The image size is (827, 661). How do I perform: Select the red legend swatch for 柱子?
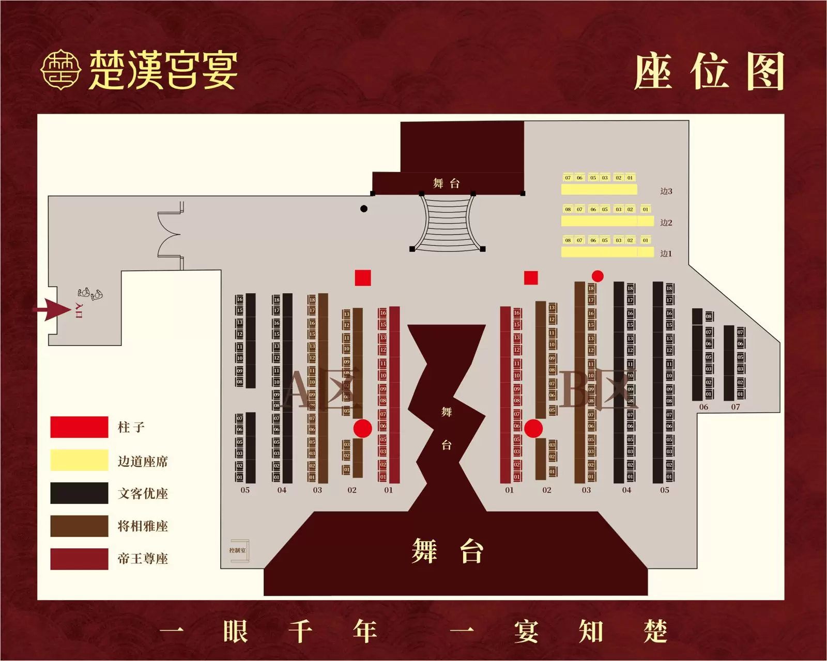[x=79, y=427]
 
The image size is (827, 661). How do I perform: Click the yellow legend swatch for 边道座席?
[x=79, y=460]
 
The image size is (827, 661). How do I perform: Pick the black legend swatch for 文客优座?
[x=79, y=493]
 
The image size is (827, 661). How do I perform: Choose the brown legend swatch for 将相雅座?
[x=79, y=526]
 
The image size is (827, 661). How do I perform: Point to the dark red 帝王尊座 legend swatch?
[x=79, y=559]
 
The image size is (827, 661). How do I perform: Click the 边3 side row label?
[x=666, y=191]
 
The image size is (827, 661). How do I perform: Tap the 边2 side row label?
[x=666, y=223]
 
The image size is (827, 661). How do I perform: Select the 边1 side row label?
[x=666, y=254]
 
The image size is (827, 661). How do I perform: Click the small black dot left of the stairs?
[x=364, y=209]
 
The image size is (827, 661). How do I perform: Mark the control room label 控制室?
[x=237, y=550]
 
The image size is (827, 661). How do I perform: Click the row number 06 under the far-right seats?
[x=703, y=407]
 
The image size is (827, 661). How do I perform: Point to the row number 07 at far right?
[x=736, y=407]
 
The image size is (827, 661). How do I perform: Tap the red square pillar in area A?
[x=363, y=278]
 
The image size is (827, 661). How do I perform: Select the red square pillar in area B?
[x=531, y=278]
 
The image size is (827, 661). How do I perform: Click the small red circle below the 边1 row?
[x=598, y=276]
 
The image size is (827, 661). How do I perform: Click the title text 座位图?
[x=709, y=72]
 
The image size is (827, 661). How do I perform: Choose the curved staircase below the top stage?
[x=447, y=223]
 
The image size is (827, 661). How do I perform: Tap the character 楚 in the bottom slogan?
[x=655, y=631]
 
